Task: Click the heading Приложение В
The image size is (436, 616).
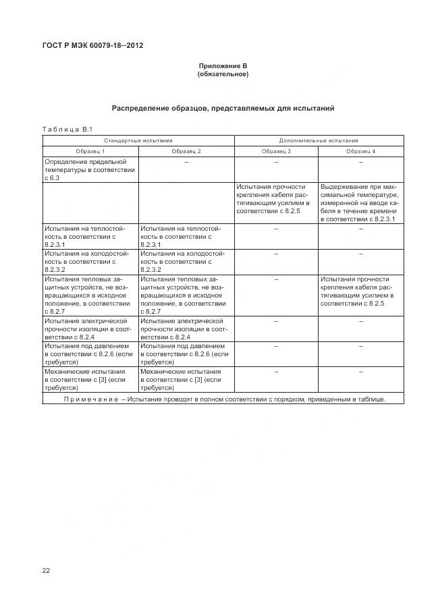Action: (x=223, y=65)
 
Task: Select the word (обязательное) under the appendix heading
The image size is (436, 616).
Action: (x=223, y=74)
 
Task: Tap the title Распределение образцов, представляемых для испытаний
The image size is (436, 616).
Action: (x=223, y=108)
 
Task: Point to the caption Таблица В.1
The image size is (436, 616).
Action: (x=67, y=129)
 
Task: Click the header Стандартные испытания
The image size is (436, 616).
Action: (x=138, y=140)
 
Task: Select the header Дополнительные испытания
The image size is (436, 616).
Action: (x=319, y=140)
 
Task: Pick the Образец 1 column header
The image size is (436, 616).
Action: (x=90, y=151)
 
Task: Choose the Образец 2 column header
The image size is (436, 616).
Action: (x=186, y=151)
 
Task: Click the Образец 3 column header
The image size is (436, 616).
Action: (x=276, y=151)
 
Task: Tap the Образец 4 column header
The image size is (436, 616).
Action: (x=360, y=151)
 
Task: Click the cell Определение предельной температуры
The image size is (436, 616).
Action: (x=90, y=169)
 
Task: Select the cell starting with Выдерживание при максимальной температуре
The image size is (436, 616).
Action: (x=360, y=202)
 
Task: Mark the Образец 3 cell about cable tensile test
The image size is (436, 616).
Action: (x=276, y=198)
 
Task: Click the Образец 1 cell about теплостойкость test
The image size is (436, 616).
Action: (x=90, y=237)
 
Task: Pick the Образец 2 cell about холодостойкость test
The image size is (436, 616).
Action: (x=186, y=260)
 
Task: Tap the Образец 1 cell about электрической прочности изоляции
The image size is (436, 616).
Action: (x=90, y=329)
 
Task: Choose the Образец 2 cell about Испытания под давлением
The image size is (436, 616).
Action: (x=186, y=354)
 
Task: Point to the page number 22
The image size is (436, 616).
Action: (x=46, y=571)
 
